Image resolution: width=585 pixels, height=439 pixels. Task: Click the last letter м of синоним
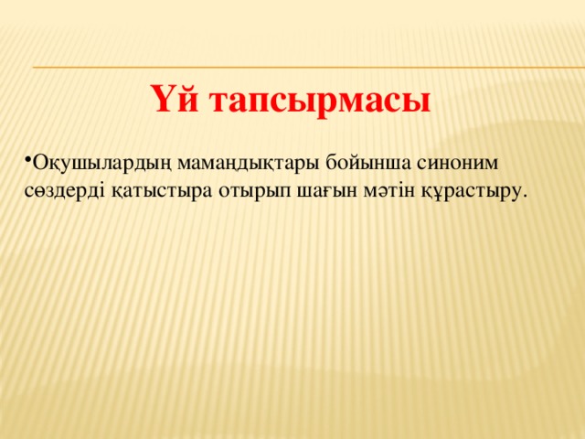(x=492, y=164)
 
